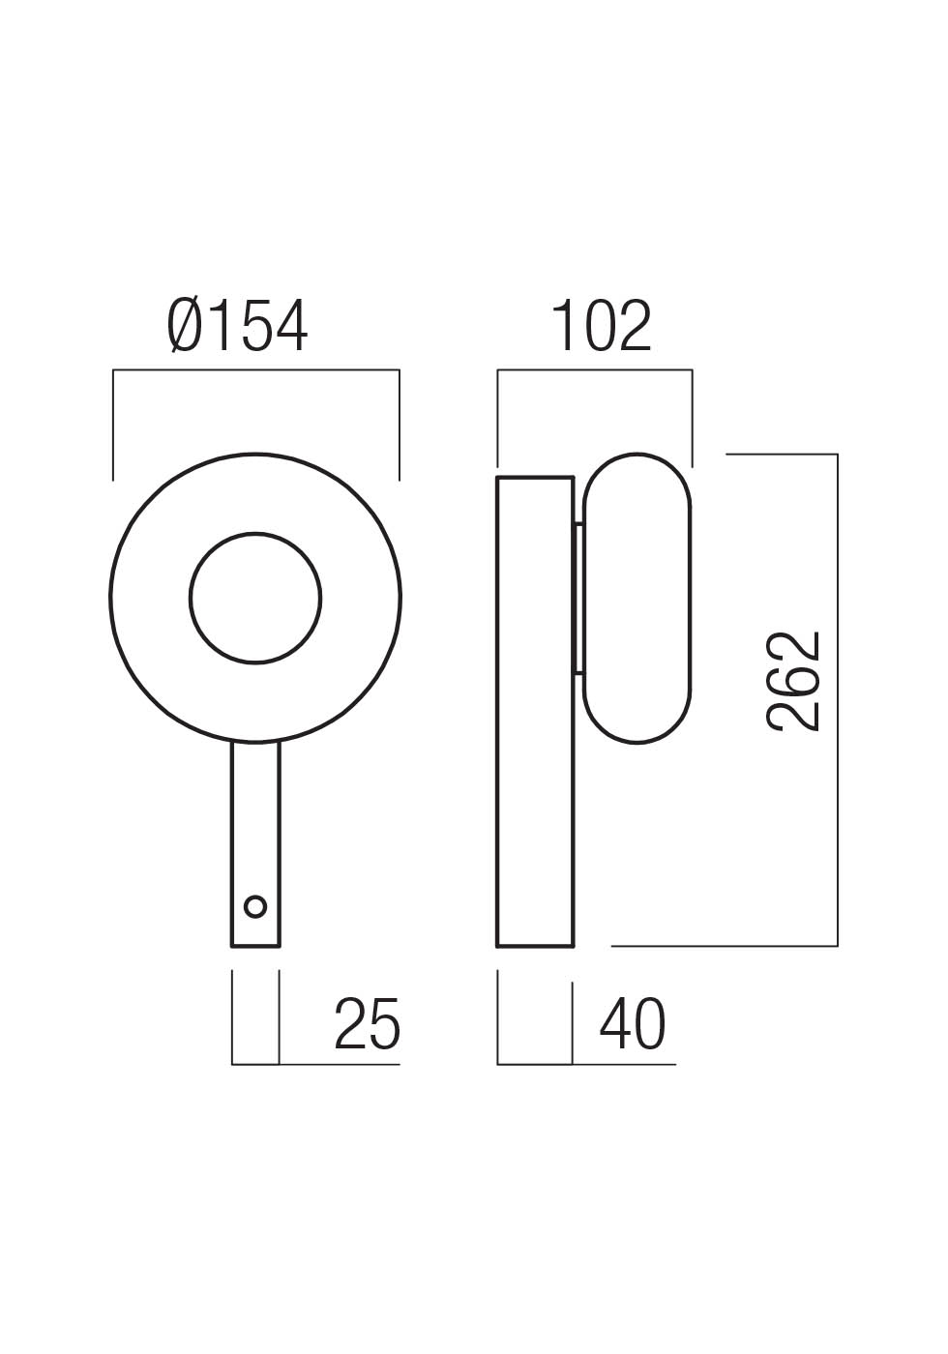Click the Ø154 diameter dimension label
[x=238, y=326]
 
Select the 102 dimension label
[x=602, y=326]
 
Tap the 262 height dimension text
[x=794, y=681]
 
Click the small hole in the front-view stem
[x=255, y=906]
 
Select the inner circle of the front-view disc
[x=255, y=598]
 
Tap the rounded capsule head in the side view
[x=637, y=598]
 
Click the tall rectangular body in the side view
[x=535, y=711]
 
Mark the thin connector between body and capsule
[x=579, y=598]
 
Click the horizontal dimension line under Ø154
[x=255, y=369]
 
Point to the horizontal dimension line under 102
[x=595, y=369]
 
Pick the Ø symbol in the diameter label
[x=185, y=326]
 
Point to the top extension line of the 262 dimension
[x=782, y=454]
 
